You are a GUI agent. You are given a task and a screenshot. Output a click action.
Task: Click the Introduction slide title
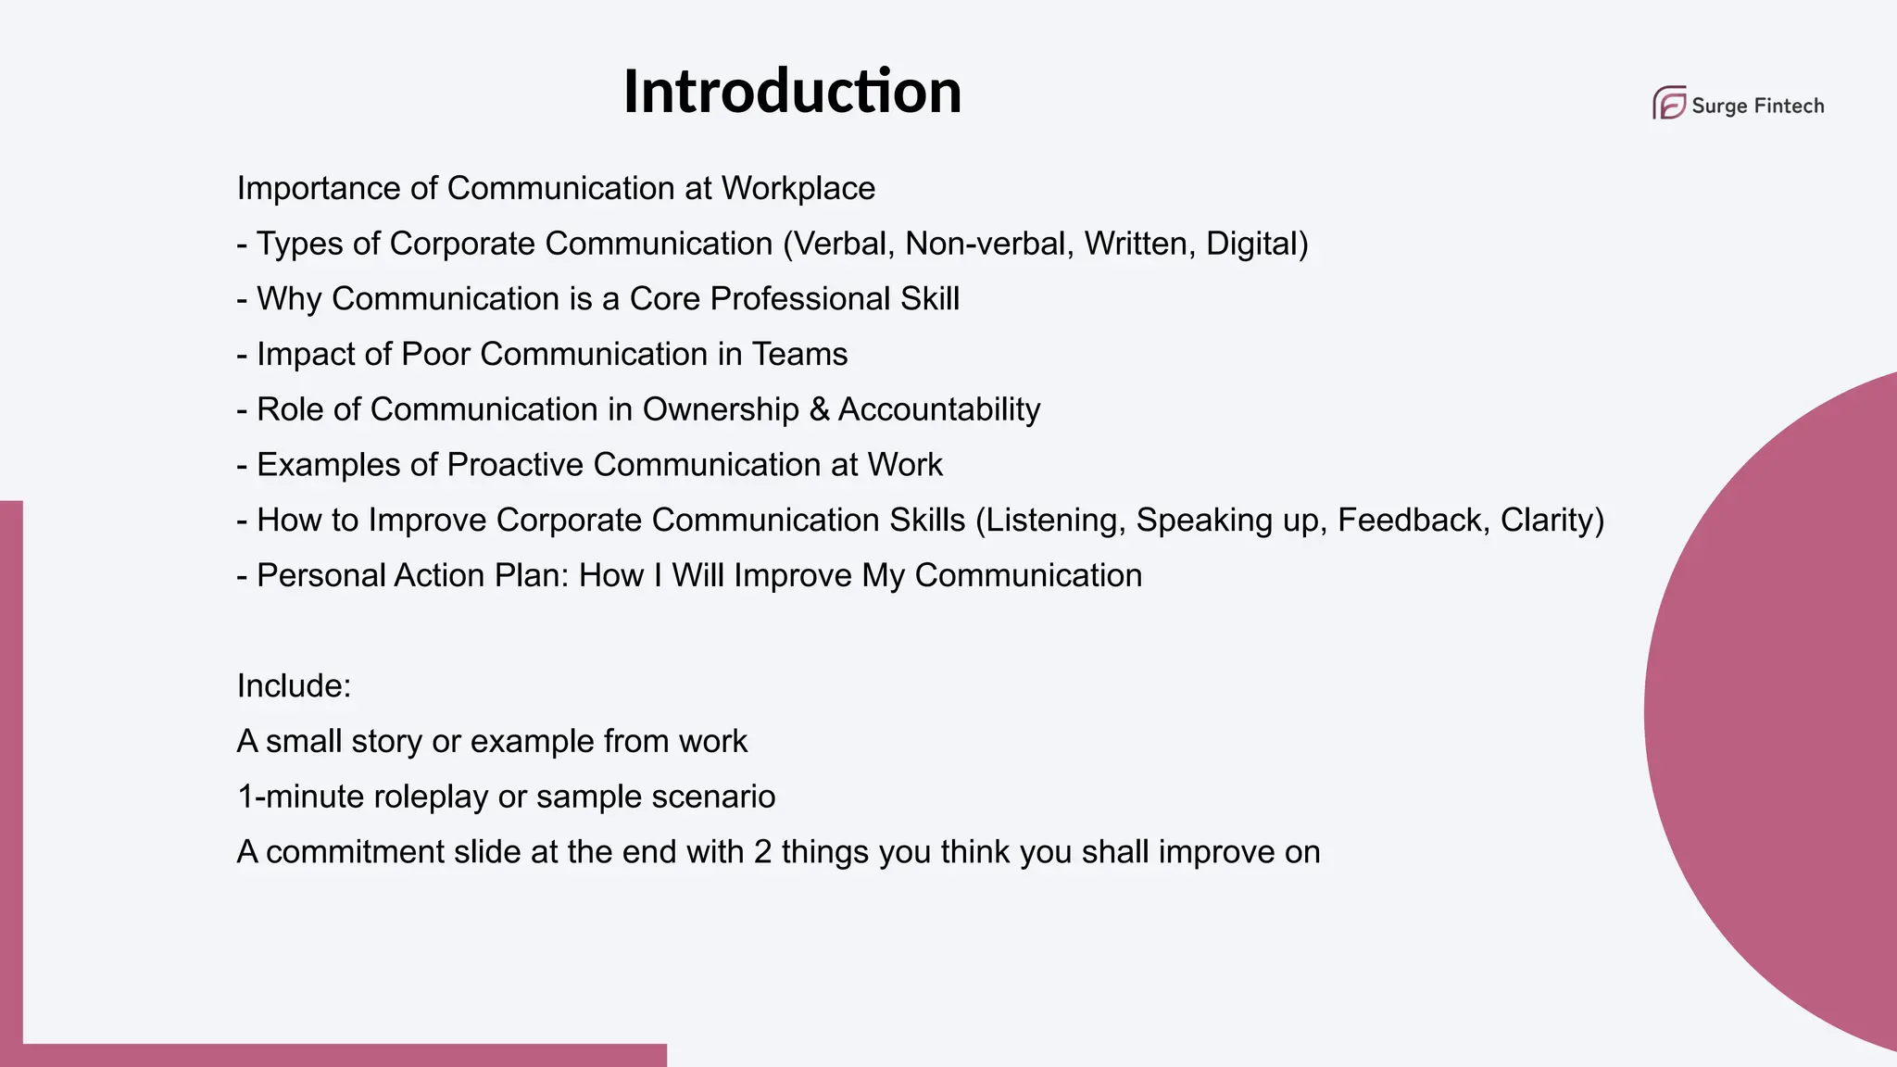coord(792,92)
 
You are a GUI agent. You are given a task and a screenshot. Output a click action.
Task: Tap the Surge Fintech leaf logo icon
coord(1669,103)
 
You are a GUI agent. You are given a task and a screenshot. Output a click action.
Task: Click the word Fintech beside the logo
coord(1789,106)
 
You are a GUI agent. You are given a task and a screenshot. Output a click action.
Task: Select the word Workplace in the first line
coord(798,188)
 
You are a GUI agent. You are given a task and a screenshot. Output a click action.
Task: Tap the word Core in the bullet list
coord(664,299)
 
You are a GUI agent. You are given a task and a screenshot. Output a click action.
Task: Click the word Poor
coord(435,354)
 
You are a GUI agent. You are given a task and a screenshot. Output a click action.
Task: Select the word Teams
coord(799,354)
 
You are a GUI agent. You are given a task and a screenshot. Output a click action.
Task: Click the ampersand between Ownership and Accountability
coord(819,409)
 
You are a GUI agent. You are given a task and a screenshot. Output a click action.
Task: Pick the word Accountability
coord(939,409)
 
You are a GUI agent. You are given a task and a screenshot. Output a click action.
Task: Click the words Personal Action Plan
coord(411,576)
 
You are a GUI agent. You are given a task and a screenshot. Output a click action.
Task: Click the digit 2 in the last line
coord(762,852)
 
